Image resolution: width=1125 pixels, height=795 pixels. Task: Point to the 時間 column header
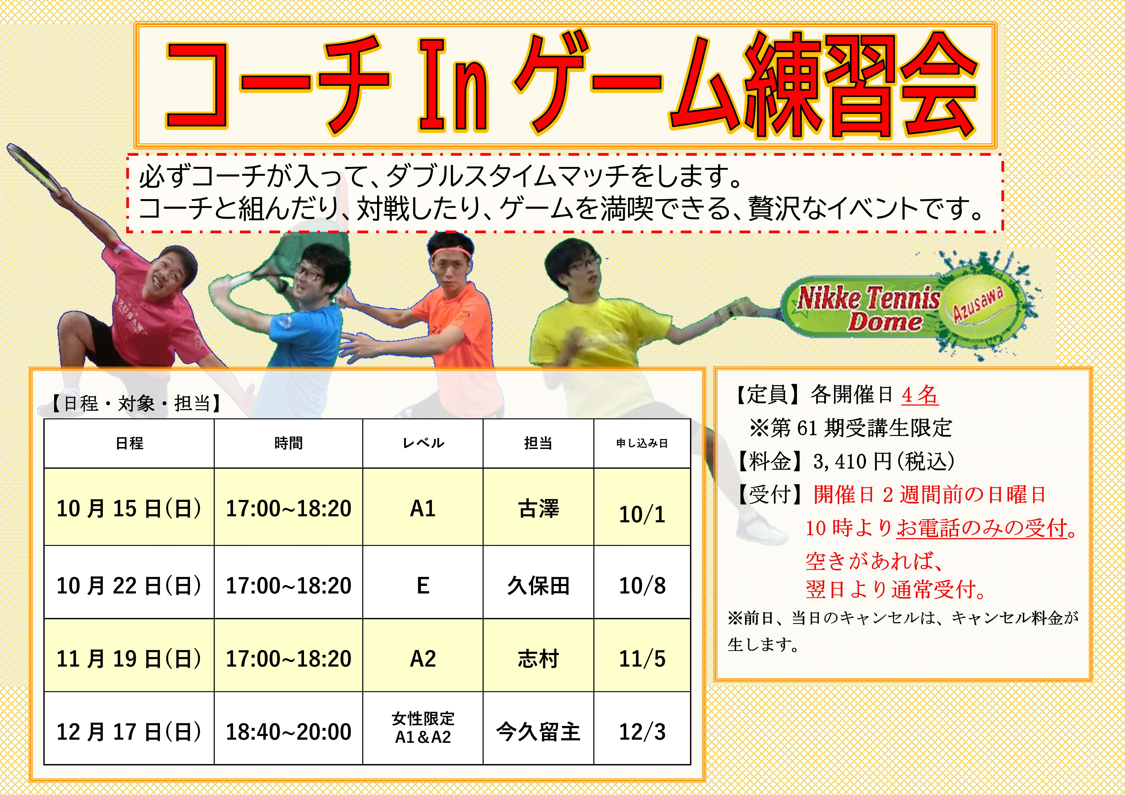(289, 443)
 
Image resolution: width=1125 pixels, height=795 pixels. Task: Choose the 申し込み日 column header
(642, 443)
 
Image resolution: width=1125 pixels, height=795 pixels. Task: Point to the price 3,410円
(852, 461)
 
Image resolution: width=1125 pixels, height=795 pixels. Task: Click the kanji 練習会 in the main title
(861, 84)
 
